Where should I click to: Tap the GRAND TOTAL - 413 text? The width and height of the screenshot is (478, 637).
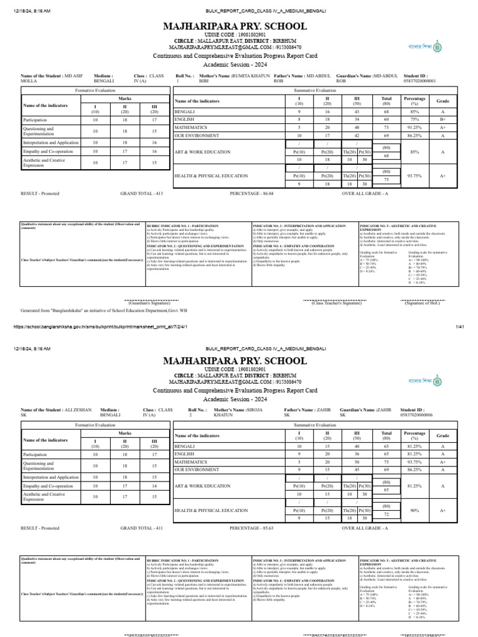tap(141, 193)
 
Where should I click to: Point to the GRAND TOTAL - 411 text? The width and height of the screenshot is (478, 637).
tap(141, 528)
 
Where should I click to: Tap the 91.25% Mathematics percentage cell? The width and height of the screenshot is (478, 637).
tap(414, 126)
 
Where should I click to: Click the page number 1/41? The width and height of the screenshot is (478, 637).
tap(461, 326)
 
